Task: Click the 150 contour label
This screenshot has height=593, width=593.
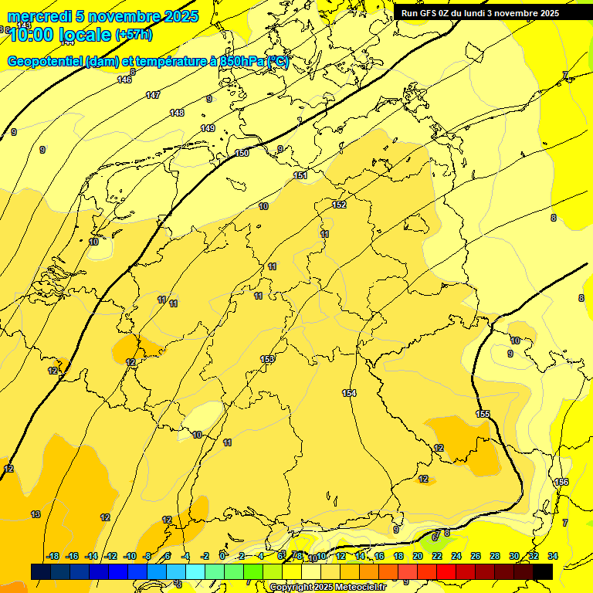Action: click(242, 153)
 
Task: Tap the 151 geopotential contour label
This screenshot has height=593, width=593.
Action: click(300, 176)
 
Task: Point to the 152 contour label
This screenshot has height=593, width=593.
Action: click(339, 205)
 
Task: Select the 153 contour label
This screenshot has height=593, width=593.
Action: click(267, 359)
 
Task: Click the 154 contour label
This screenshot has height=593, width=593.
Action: click(349, 394)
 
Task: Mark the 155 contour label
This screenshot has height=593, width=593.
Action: click(483, 415)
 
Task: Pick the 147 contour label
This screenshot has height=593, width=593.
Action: click(153, 95)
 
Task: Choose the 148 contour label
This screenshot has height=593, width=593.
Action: click(177, 113)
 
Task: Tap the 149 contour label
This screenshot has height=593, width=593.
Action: click(207, 128)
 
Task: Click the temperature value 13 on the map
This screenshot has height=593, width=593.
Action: click(36, 514)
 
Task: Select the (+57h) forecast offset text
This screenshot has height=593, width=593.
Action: click(134, 35)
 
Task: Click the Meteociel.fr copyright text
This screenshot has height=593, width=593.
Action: click(327, 588)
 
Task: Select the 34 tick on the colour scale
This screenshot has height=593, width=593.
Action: click(552, 556)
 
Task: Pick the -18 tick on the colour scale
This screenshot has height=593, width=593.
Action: click(53, 556)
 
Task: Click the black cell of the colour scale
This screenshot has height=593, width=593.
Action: click(543, 571)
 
